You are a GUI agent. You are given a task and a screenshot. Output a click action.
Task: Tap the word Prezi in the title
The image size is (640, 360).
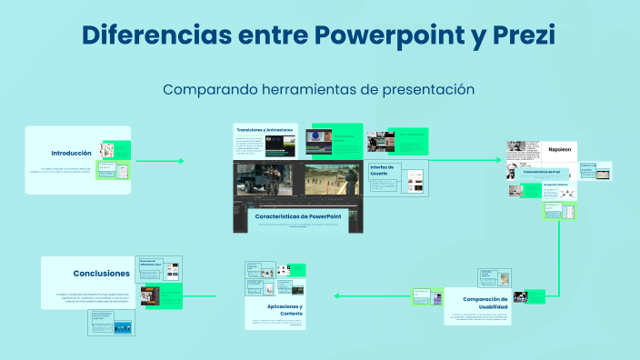tap(521, 35)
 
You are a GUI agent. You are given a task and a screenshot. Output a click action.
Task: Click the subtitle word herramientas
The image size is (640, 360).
tap(304, 90)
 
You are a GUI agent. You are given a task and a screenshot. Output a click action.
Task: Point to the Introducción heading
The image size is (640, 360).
tap(71, 153)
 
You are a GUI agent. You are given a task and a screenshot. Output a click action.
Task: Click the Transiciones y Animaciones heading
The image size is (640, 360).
tap(265, 130)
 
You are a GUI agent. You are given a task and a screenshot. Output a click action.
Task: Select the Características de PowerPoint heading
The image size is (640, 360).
tap(298, 216)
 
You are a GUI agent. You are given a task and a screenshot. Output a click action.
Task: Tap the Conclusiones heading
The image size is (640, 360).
tap(101, 273)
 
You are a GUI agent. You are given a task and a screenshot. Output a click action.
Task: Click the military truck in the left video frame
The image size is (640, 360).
tap(264, 182)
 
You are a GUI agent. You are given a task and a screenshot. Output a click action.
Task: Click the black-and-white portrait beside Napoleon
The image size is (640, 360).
tap(515, 148)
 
